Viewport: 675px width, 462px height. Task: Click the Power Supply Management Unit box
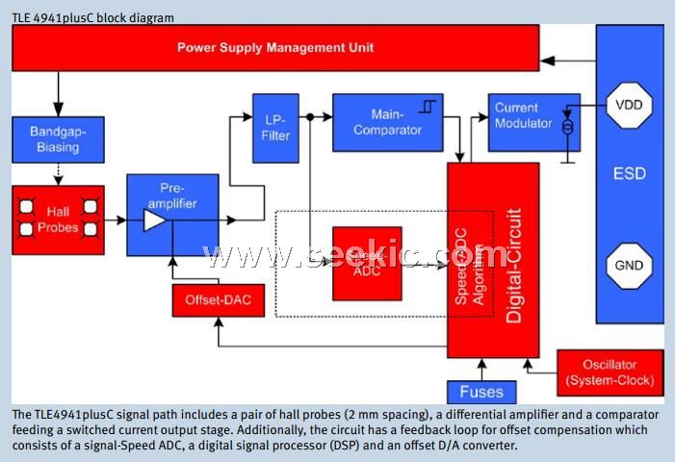(275, 47)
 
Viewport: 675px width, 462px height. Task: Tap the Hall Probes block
(58, 214)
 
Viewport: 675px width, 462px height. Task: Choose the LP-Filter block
(275, 127)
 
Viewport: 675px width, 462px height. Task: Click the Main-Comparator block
(387, 122)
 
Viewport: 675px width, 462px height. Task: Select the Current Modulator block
(533, 122)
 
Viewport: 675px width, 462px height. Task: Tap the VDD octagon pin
(630, 105)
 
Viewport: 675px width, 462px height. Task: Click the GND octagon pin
(630, 266)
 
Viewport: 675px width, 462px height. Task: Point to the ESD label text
(630, 175)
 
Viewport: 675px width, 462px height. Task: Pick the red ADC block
(367, 264)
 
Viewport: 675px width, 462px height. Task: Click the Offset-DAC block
(217, 301)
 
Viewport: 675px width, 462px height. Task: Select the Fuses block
(481, 393)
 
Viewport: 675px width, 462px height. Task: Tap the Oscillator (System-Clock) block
(610, 372)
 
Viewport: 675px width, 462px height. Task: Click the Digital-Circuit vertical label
(514, 264)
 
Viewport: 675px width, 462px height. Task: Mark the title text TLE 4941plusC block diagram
(93, 17)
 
